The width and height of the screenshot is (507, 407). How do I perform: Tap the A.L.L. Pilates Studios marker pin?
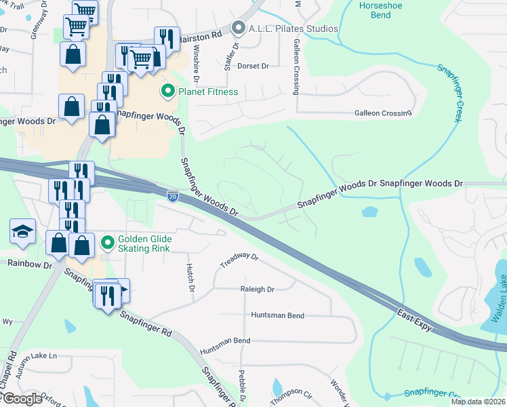click(237, 28)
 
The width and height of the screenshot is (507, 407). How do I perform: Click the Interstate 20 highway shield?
click(173, 196)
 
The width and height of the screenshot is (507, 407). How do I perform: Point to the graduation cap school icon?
click(22, 232)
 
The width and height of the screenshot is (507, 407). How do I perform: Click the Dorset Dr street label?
click(255, 66)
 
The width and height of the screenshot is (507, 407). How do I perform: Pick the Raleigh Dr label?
click(257, 289)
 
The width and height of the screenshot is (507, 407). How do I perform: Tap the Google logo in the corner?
click(22, 399)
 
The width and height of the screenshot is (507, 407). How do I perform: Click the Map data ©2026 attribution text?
click(477, 402)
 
